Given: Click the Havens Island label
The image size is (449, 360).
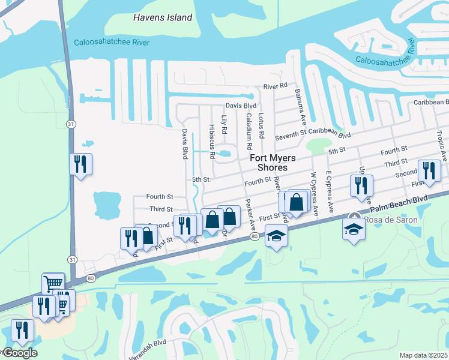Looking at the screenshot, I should pos(163,17).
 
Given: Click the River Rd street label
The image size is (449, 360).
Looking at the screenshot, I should pos(276,86).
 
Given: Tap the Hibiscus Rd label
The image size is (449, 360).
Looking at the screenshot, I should pos(212,142).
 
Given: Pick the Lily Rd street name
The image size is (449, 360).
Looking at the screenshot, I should pos(224,124).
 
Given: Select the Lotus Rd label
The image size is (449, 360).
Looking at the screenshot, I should pos(261,125).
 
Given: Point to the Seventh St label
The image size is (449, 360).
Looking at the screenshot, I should pos(291,137).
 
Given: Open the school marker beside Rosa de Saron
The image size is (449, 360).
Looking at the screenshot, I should pos(353,228).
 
